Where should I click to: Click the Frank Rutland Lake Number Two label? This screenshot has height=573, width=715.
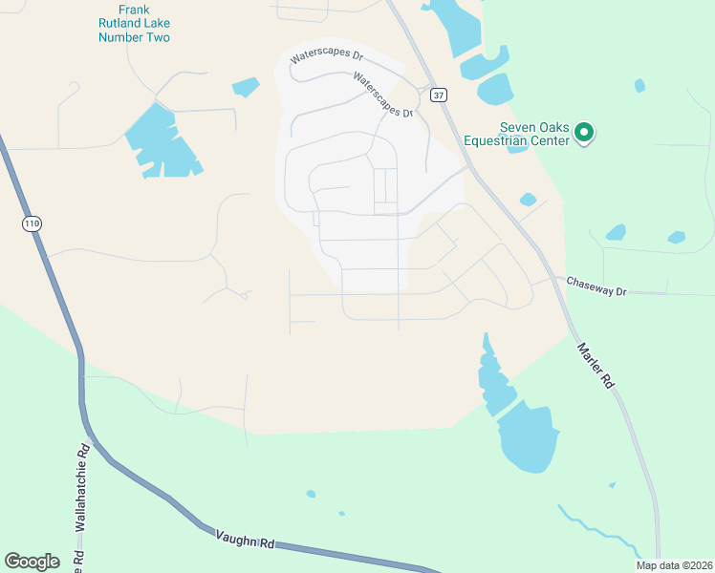(134, 24)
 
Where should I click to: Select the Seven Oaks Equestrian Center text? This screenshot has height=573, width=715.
(516, 134)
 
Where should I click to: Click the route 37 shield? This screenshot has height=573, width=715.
(438, 95)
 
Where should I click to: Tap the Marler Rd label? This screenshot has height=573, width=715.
(595, 366)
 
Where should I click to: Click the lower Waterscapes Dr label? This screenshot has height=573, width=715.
(382, 97)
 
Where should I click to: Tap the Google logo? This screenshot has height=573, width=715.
(32, 562)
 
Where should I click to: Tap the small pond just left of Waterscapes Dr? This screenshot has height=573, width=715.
(246, 87)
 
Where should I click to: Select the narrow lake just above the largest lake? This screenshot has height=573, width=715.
(494, 377)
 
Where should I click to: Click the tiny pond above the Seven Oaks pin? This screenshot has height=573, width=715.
(639, 86)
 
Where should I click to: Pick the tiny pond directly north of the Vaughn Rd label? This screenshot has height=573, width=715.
(311, 494)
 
